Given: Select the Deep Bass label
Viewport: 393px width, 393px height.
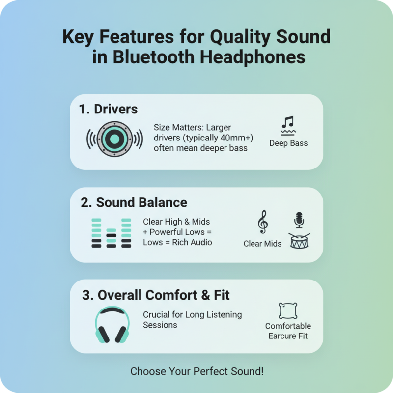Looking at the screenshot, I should (x=288, y=143).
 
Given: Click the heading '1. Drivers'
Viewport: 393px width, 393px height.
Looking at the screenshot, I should (x=108, y=109).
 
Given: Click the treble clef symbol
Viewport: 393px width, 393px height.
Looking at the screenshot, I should (x=263, y=222).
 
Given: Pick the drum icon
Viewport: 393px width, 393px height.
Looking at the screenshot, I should (x=299, y=240).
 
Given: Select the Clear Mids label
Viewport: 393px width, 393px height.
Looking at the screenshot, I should (x=262, y=244).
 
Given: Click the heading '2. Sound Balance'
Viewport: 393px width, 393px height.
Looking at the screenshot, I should (x=134, y=202).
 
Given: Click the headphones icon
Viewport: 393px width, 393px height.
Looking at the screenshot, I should (x=112, y=325).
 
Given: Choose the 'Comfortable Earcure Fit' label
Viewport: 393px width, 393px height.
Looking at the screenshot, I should (x=288, y=331).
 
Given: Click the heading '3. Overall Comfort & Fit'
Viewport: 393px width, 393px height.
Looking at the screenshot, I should (x=156, y=295).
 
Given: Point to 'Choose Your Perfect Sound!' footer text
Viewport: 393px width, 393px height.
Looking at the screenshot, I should (x=196, y=371).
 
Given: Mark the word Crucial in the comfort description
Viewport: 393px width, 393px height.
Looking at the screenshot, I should (x=157, y=314).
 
